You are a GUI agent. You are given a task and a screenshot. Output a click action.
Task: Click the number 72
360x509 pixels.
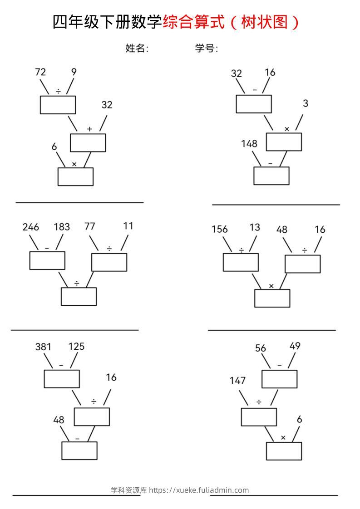(x=40, y=72)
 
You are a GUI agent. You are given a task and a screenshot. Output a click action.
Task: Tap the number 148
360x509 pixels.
(x=249, y=143)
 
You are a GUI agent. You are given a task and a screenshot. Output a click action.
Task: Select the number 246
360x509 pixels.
(x=31, y=227)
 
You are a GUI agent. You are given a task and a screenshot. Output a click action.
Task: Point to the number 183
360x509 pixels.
(x=62, y=226)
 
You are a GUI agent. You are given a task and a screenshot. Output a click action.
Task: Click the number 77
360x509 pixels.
(x=90, y=226)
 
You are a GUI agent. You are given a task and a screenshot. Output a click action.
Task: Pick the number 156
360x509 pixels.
(x=220, y=229)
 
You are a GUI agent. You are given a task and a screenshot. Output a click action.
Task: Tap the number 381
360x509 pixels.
(x=43, y=347)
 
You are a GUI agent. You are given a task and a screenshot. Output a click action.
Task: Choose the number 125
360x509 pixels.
(x=76, y=347)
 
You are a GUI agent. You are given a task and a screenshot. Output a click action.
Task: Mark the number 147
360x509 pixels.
(x=237, y=381)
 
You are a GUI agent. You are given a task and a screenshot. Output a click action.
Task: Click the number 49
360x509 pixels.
(x=295, y=346)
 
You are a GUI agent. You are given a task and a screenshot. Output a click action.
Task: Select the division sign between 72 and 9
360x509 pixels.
(x=58, y=91)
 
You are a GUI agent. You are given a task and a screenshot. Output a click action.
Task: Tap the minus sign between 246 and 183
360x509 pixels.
(x=47, y=248)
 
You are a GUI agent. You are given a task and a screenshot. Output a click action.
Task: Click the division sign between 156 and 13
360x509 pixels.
(x=242, y=250)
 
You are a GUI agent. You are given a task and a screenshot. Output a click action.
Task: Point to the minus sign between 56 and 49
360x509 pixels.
(x=280, y=365)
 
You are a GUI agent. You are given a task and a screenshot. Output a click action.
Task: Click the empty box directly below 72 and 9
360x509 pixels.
(x=58, y=105)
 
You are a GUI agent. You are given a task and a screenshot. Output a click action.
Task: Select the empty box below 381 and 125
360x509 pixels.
(x=62, y=379)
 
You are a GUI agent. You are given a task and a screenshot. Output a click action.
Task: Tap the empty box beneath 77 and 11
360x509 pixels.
(x=109, y=262)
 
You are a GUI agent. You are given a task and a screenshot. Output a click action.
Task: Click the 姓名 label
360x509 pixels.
(x=137, y=49)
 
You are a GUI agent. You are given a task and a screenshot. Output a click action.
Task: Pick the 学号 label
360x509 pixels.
(x=206, y=49)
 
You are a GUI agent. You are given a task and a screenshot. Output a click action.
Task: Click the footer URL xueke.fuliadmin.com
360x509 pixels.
(x=212, y=490)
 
